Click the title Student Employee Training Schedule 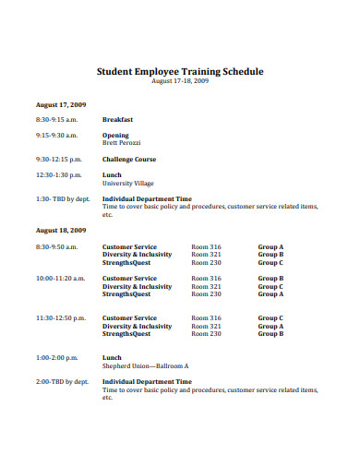click(180, 71)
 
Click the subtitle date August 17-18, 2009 click(180, 81)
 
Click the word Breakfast click(117, 119)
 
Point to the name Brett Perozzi click(121, 144)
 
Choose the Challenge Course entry click(129, 159)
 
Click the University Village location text click(128, 183)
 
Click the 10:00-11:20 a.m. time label click(60, 278)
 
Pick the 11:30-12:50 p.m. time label click(60, 317)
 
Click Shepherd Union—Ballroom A click(145, 365)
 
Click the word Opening click(115, 136)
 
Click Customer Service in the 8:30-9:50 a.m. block click(129, 246)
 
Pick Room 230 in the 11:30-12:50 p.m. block click(206, 334)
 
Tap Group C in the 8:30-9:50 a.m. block click(270, 263)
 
